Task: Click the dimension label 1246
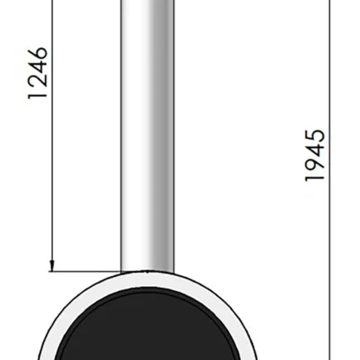37,73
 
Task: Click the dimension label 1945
314,155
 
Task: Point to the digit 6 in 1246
37,54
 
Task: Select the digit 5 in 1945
314,136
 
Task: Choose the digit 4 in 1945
314,150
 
